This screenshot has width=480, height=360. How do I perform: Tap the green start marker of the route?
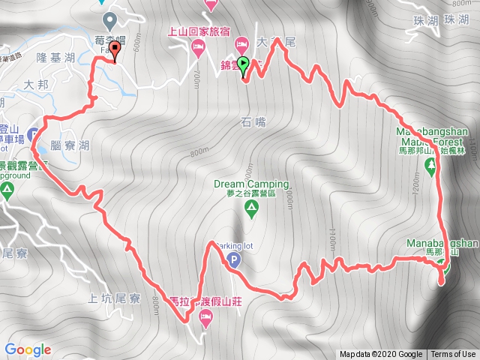point(244,65)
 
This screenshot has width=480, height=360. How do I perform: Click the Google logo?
point(28,349)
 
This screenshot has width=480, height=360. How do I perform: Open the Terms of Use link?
point(453,355)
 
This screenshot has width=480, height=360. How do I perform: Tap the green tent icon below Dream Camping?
point(250,211)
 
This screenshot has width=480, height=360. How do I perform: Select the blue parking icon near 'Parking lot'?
point(233,261)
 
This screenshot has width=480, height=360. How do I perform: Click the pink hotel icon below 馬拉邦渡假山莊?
point(205,320)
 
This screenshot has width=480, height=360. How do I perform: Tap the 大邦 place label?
point(36,84)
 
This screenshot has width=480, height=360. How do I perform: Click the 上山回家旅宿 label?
point(199,31)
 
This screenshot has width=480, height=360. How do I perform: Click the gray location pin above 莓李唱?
point(111,19)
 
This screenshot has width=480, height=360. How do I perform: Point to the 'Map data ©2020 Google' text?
point(380,355)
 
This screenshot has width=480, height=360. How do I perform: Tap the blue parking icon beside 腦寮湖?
point(34,136)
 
